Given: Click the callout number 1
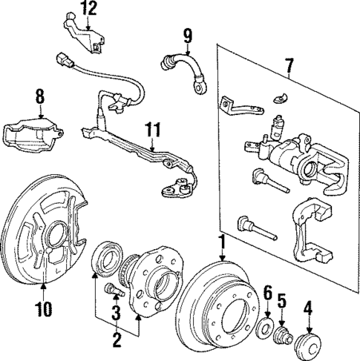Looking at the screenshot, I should click(221, 242).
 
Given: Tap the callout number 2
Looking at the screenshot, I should click(117, 340).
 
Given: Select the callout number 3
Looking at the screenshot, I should click(117, 314).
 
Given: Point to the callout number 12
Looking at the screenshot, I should click(89, 8).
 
